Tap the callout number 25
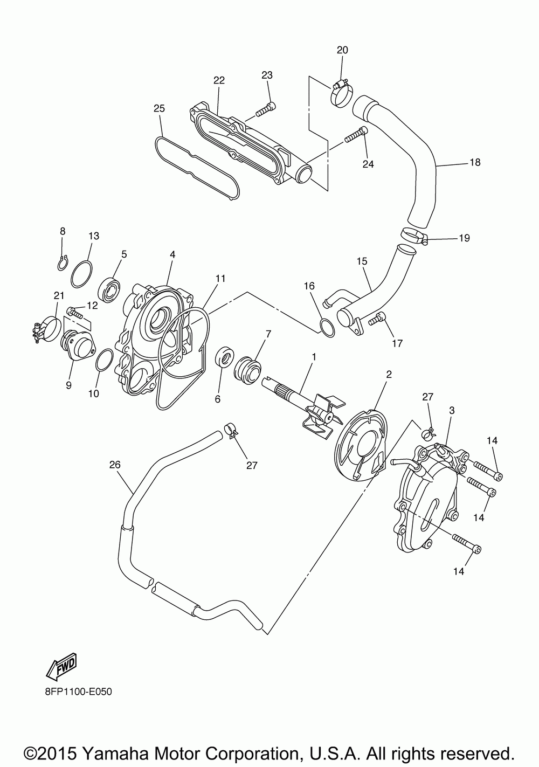pos(159,108)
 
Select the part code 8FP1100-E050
pos(74,692)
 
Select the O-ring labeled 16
pos(327,328)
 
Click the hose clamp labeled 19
pos(414,236)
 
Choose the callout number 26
pos(115,464)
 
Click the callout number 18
pos(475,162)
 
